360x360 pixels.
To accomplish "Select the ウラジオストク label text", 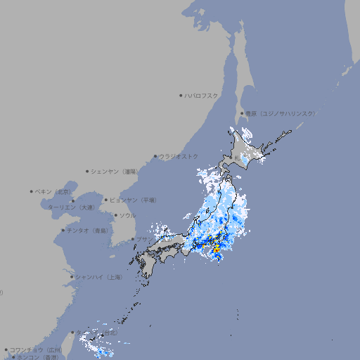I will pyautogui.click(x=180, y=156).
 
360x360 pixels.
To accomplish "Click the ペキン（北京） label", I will pyautogui.click(x=55, y=191).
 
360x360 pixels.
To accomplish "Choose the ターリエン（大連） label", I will pyautogui.click(x=71, y=207).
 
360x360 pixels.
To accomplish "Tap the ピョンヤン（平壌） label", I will pyautogui.click(x=134, y=200).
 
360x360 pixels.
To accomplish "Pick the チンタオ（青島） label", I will pyautogui.click(x=88, y=230).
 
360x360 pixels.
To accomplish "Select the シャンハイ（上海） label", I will pyautogui.click(x=99, y=277).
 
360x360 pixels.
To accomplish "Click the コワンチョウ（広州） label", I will pyautogui.click(x=37, y=349).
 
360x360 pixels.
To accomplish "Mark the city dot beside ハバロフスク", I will pyautogui.click(x=181, y=95).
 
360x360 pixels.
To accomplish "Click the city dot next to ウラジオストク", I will pyautogui.click(x=155, y=156).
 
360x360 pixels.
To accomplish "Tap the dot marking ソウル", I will pyautogui.click(x=115, y=215).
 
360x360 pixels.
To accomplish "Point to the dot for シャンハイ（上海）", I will pyautogui.click(x=72, y=277).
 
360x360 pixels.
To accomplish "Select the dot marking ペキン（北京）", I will pyautogui.click(x=32, y=191).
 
